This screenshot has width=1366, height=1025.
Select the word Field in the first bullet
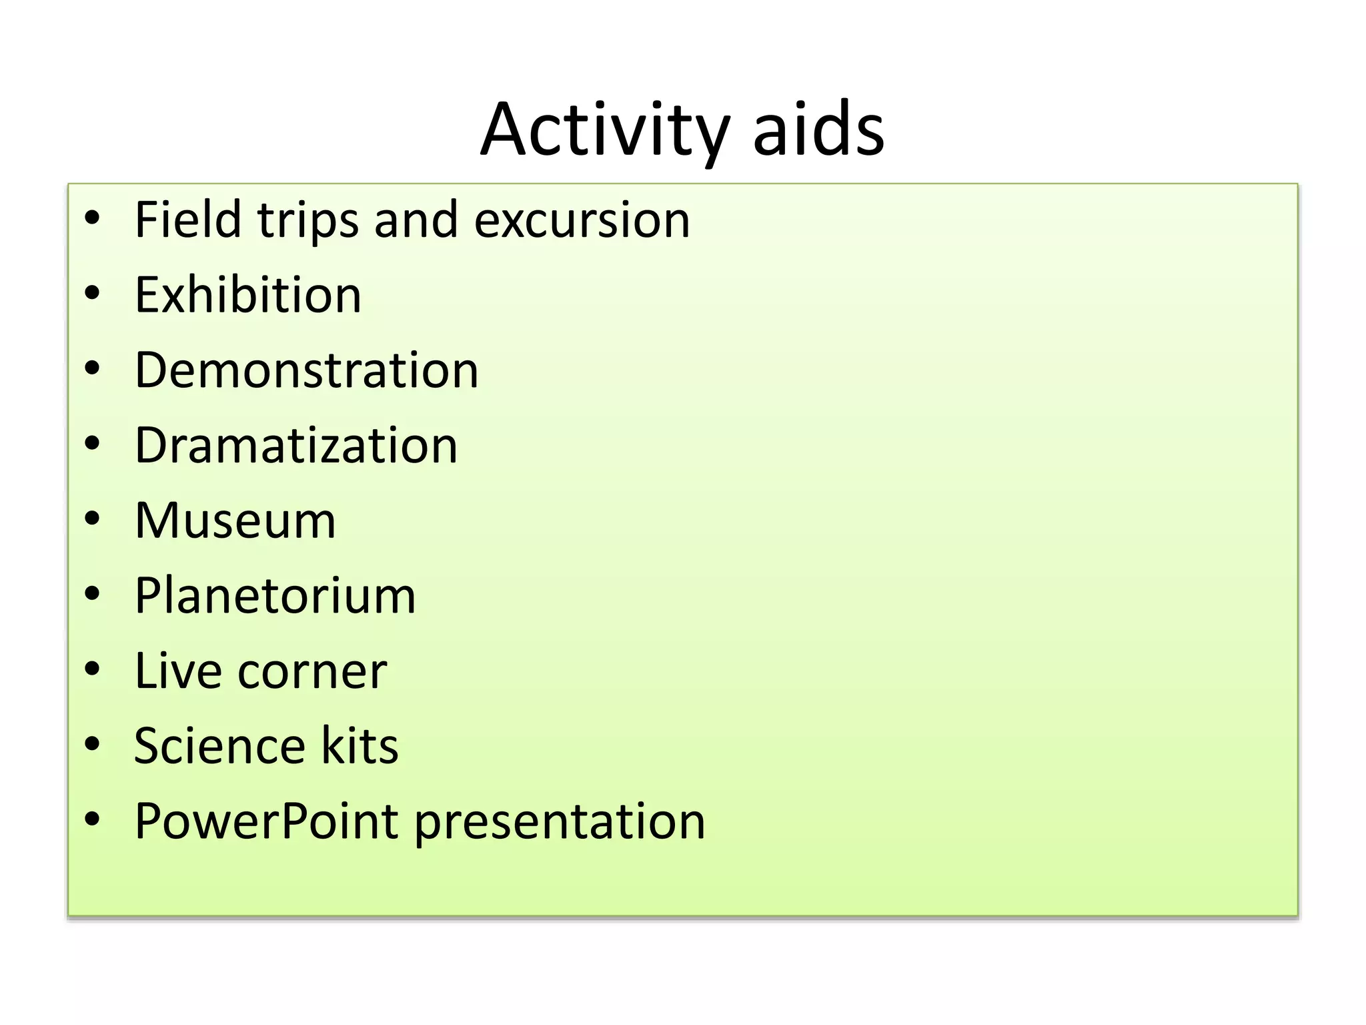pos(187,220)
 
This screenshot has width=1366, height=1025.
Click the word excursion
pos(582,221)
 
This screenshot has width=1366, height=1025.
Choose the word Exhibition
pos(248,295)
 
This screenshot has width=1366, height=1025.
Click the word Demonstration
pos(307,370)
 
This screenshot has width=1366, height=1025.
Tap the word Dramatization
pos(296,445)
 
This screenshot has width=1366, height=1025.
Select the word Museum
pos(235,521)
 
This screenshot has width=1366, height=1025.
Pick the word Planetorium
pos(275,595)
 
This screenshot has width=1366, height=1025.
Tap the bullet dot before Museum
pos(92,518)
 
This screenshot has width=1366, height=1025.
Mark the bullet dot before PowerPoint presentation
pos(92,818)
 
